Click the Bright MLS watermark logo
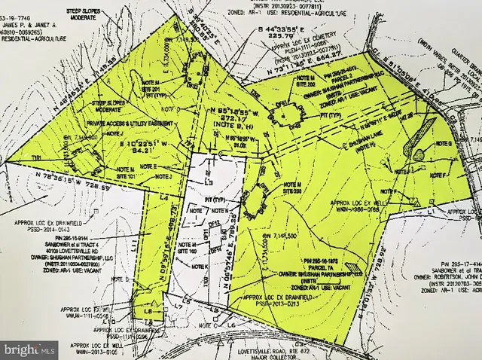tap(30, 349)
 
